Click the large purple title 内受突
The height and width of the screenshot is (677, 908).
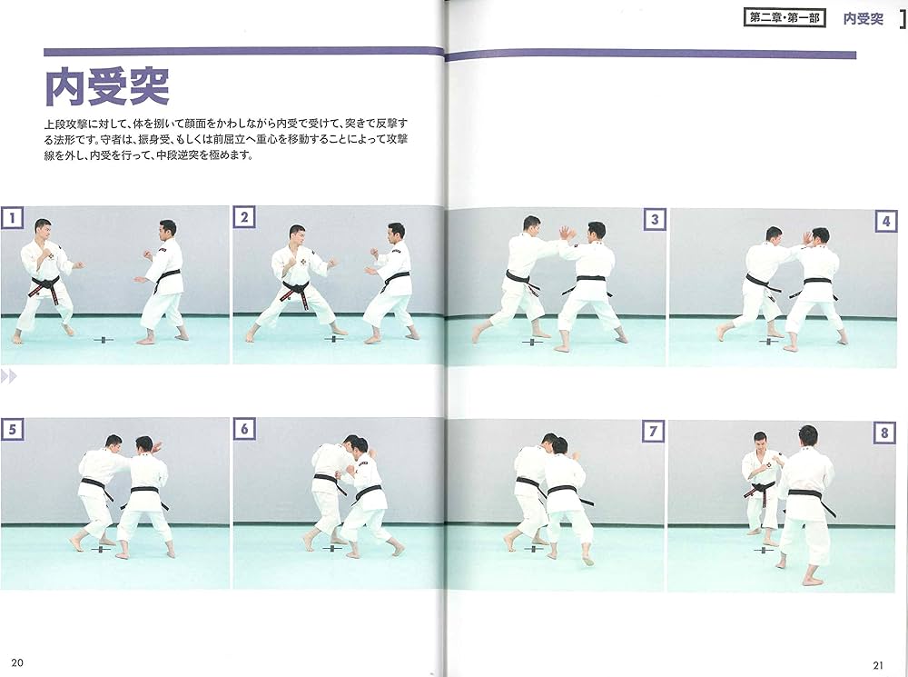click(107, 87)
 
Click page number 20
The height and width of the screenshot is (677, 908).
click(17, 661)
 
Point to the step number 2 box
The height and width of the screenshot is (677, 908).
click(243, 217)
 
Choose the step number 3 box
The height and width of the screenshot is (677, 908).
click(653, 219)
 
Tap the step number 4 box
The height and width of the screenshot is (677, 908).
click(885, 221)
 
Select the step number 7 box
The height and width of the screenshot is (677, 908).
click(653, 432)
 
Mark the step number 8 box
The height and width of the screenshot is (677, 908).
click(885, 433)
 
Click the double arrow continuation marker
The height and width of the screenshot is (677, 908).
click(9, 375)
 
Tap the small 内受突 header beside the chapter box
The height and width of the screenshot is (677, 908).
click(863, 18)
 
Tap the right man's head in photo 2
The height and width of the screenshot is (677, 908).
click(396, 231)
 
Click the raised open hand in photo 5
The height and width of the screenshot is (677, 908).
click(156, 446)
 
